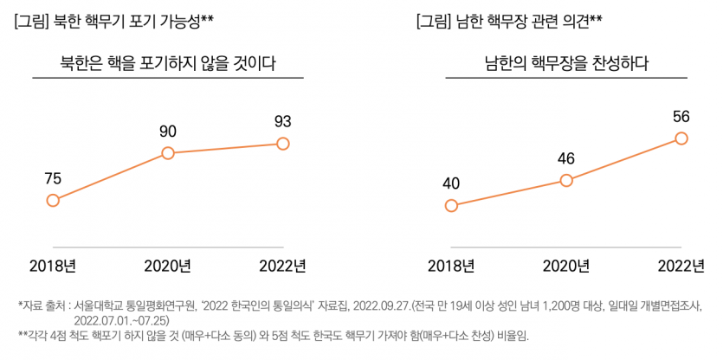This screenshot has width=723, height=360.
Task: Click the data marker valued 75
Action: click(x=53, y=200)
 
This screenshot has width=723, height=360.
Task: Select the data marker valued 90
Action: click(x=168, y=153)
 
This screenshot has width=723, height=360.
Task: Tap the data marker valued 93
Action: click(x=282, y=143)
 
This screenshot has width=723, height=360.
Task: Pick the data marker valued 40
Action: click(x=450, y=205)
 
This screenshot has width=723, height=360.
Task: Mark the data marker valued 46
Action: click(x=566, y=180)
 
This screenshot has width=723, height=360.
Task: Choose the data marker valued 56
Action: click(x=681, y=138)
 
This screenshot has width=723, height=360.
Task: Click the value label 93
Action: click(x=282, y=121)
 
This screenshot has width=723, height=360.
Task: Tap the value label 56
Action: click(x=681, y=116)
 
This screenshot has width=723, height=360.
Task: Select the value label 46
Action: click(x=566, y=158)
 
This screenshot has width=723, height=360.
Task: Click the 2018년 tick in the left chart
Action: click(x=53, y=265)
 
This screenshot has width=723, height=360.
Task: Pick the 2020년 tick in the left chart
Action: click(x=168, y=265)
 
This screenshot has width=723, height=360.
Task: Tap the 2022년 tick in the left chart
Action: click(x=282, y=265)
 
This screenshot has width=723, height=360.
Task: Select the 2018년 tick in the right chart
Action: click(x=451, y=265)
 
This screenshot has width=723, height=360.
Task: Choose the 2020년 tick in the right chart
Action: click(x=566, y=265)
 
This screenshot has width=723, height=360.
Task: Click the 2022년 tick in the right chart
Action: click(x=681, y=265)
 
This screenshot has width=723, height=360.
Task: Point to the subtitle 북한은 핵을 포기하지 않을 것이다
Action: click(x=168, y=62)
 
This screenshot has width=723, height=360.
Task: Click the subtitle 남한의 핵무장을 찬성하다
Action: click(x=566, y=62)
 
